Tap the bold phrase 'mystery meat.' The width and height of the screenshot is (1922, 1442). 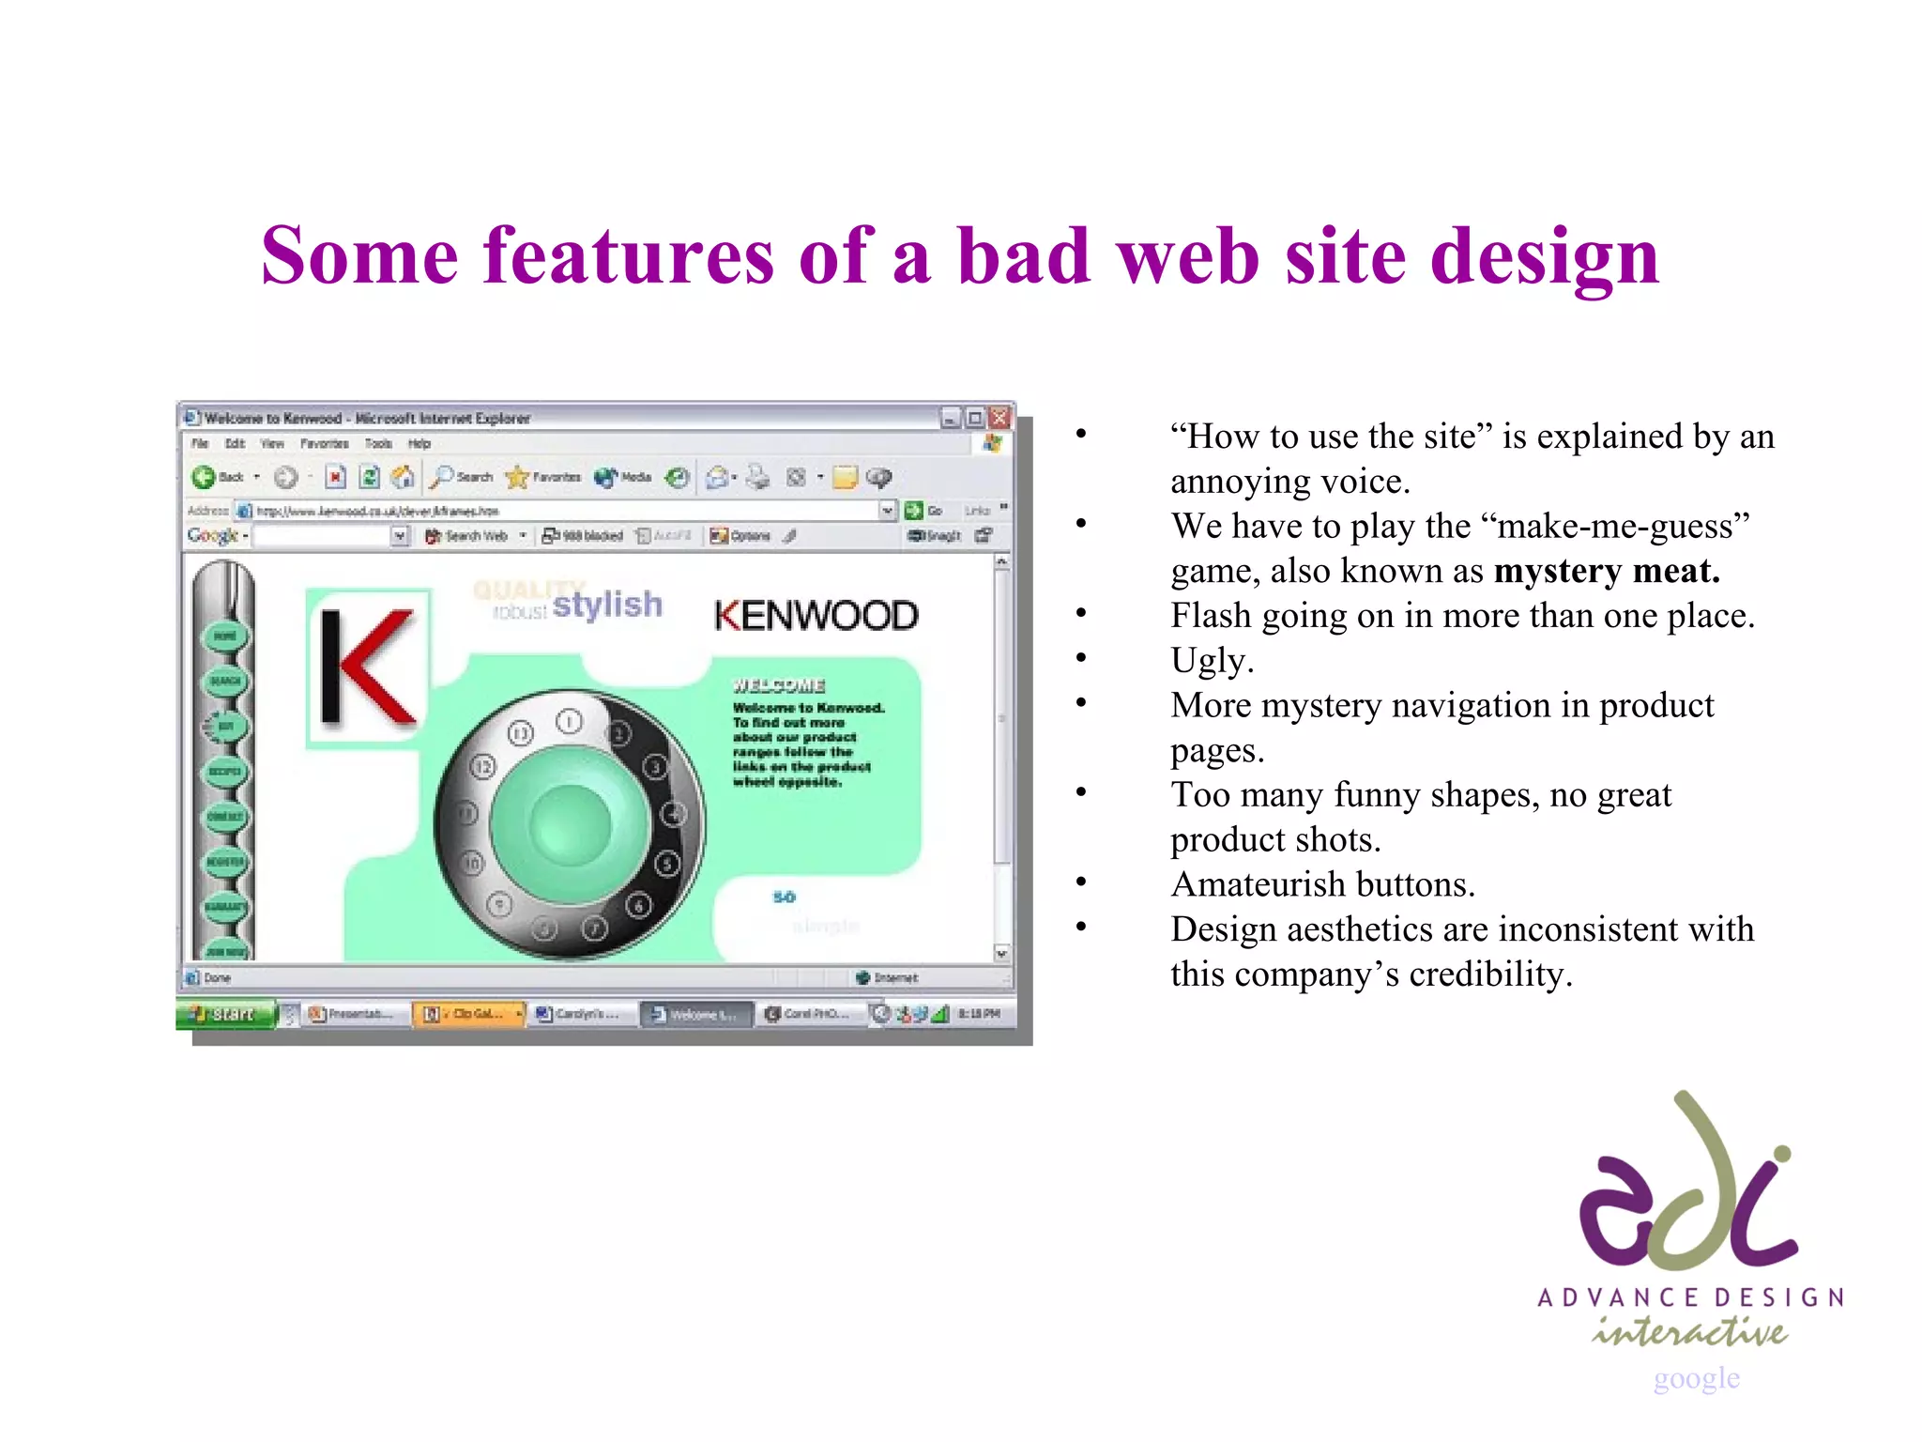(x=1606, y=571)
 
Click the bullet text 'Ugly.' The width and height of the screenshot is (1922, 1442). (x=1211, y=661)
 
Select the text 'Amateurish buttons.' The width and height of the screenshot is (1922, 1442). (x=1322, y=884)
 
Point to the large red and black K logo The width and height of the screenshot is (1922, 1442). (x=368, y=667)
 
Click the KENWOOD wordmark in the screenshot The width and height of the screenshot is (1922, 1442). (x=816, y=616)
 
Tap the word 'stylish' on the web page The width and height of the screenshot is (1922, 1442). (x=607, y=605)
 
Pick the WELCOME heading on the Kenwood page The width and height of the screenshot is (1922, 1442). (x=778, y=685)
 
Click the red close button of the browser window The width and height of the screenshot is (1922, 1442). (x=1000, y=418)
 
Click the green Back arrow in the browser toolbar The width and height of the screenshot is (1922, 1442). (x=203, y=477)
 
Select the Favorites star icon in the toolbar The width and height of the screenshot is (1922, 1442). (x=517, y=477)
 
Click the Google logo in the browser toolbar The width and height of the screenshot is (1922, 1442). (x=212, y=535)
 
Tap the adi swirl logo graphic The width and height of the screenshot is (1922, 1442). (x=1686, y=1185)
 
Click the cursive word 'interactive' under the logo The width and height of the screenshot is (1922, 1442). (x=1689, y=1330)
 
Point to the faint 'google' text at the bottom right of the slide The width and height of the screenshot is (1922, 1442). (x=1696, y=1377)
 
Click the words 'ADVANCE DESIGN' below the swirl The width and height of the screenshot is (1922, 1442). (x=1689, y=1297)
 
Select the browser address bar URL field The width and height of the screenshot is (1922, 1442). (x=563, y=511)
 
